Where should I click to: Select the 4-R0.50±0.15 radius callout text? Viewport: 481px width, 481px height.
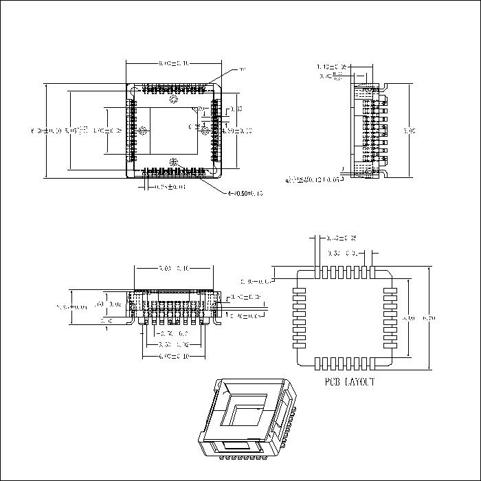[x=245, y=193]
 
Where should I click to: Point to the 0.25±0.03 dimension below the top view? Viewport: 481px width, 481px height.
[x=169, y=186]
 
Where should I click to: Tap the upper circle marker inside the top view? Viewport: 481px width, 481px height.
[x=173, y=100]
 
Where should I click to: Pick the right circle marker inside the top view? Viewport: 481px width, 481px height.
[x=205, y=131]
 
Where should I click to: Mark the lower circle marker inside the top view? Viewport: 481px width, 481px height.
[x=172, y=162]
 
